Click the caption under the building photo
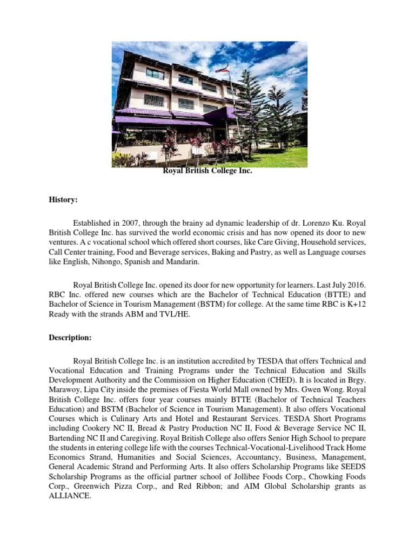[207, 171]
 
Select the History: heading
[63, 200]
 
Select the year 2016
[357, 285]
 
